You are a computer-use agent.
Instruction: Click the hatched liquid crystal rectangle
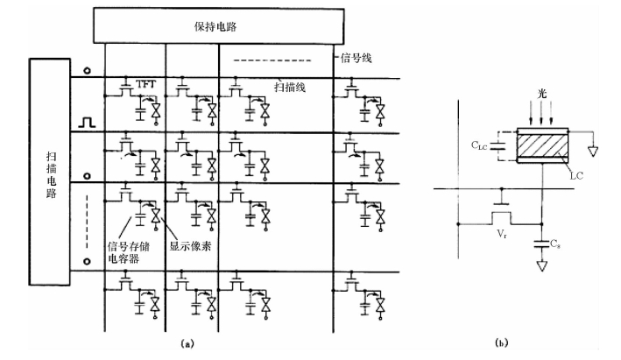[542, 145]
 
